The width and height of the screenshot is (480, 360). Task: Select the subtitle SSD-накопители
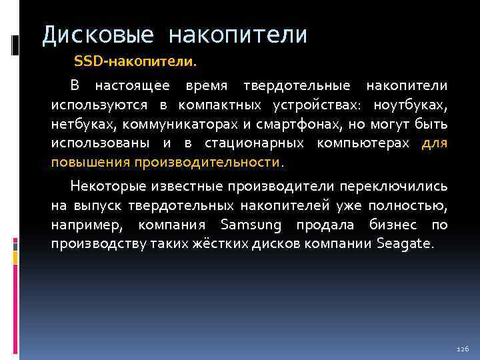(x=135, y=62)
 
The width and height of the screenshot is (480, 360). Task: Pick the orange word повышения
(x=91, y=163)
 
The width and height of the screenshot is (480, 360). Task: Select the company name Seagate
(x=405, y=244)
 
